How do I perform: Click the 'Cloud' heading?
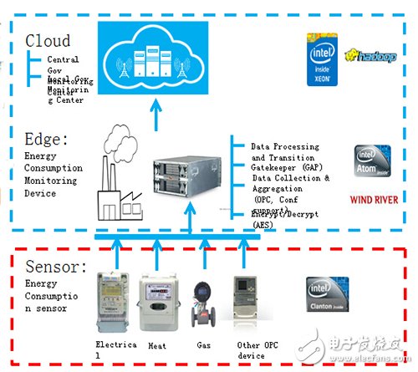(x=48, y=39)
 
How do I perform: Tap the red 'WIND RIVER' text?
(x=373, y=201)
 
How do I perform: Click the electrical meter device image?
(x=115, y=297)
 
